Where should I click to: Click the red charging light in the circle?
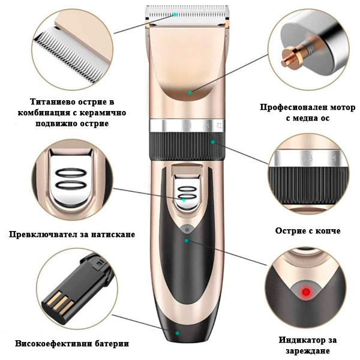(x=306, y=292)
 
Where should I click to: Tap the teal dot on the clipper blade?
(x=175, y=14)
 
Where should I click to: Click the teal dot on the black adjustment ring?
(x=212, y=142)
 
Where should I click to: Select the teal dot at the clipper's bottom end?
(x=177, y=334)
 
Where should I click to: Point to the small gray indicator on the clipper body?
(x=188, y=230)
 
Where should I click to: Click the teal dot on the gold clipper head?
(x=190, y=93)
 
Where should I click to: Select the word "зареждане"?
(x=308, y=351)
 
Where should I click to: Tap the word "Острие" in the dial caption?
(x=289, y=231)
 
